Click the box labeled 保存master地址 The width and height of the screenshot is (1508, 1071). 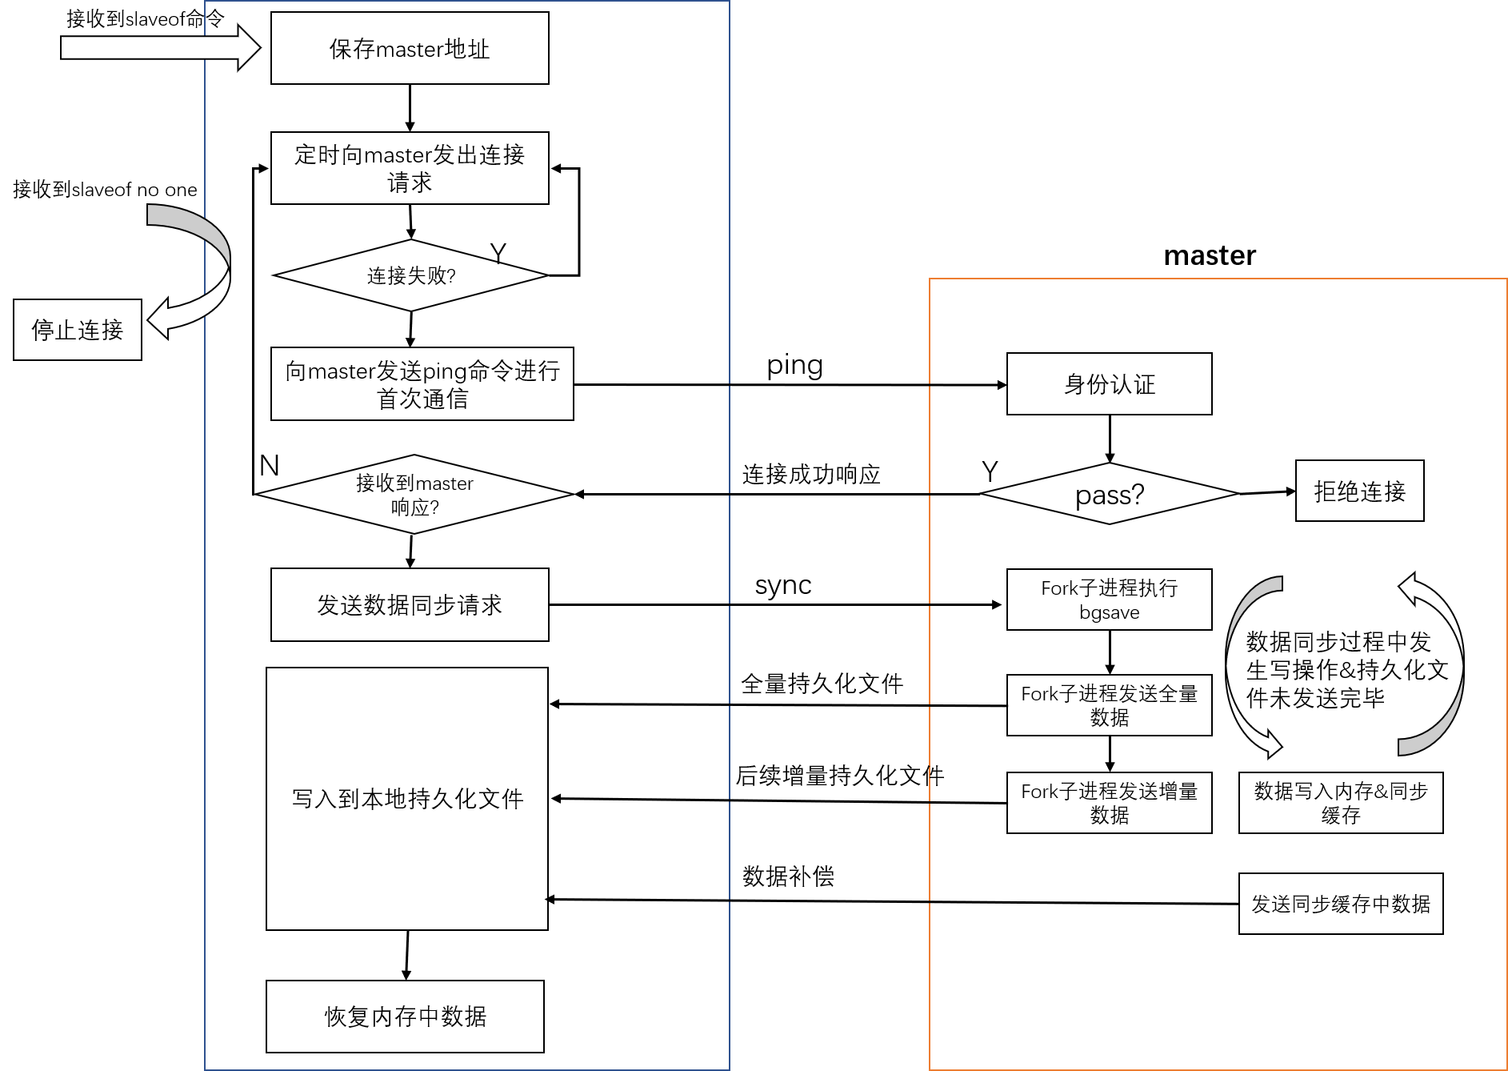410,48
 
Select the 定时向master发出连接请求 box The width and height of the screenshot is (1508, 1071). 410,168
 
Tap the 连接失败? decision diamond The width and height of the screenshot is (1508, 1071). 410,275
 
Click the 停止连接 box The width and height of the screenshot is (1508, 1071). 78,330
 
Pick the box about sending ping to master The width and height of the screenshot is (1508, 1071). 422,384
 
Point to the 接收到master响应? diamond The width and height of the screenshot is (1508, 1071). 414,495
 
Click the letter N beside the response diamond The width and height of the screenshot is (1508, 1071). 270,466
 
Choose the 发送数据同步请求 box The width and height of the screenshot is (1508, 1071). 410,605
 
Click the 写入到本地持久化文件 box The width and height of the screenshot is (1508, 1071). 407,799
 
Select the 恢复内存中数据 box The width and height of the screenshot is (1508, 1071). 405,1017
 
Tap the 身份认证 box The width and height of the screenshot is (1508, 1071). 1109,384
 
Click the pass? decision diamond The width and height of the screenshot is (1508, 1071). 1109,495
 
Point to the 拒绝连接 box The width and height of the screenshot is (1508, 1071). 1359,491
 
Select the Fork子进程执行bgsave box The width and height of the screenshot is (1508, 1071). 1109,600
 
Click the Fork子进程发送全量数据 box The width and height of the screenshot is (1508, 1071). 1109,705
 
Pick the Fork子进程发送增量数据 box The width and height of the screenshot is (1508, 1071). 1109,803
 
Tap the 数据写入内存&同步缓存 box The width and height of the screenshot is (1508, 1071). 1341,803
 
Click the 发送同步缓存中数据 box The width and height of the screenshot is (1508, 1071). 1341,904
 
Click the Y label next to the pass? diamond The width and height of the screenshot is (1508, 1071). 990,471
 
